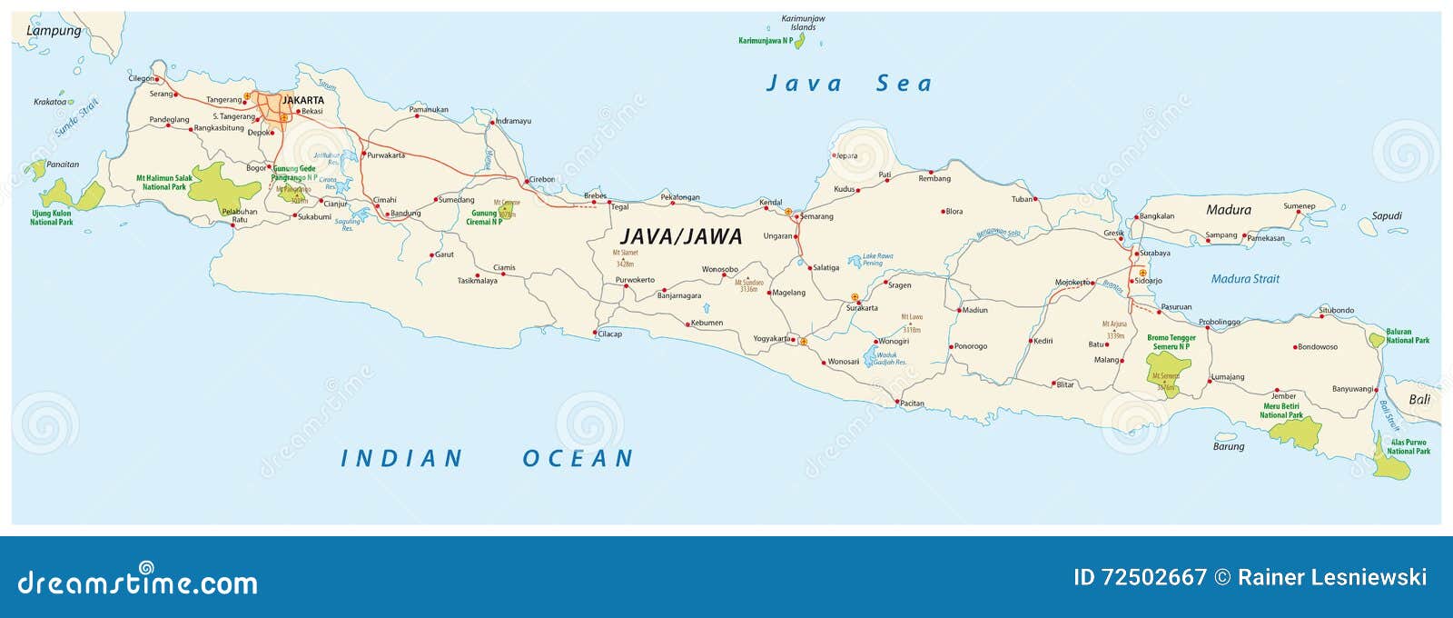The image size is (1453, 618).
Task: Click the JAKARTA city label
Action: [302, 100]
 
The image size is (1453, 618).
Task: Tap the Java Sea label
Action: [849, 84]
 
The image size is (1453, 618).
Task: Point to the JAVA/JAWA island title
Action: [681, 236]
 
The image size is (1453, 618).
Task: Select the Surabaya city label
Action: [1154, 254]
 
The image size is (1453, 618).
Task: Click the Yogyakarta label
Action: [771, 339]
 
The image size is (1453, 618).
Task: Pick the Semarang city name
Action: [816, 216]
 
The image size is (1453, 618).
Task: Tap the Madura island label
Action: [1228, 210]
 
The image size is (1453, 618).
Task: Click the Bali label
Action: [1418, 399]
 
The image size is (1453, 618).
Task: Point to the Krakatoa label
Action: [50, 102]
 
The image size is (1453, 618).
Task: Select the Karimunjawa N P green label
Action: [765, 41]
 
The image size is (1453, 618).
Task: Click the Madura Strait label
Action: [1244, 279]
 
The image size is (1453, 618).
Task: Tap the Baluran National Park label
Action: [1407, 336]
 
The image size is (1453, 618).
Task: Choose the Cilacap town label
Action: [610, 334]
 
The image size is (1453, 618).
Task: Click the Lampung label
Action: [54, 31]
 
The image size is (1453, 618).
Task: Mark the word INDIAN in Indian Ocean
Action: [401, 459]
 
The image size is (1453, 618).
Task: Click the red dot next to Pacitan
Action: [897, 402]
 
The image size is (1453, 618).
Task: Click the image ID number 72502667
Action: [1153, 577]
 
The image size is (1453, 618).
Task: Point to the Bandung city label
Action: [405, 214]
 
